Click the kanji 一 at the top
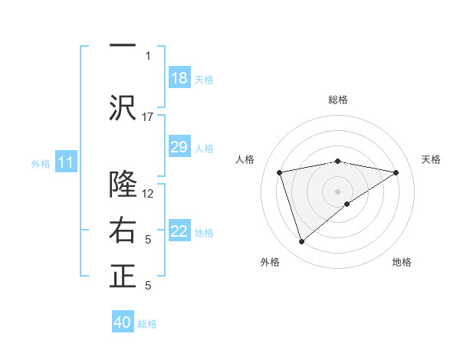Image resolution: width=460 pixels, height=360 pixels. click(x=123, y=44)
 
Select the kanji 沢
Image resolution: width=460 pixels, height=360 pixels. click(x=123, y=107)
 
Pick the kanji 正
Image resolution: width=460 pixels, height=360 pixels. click(x=123, y=277)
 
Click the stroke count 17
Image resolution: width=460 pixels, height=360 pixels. click(x=148, y=116)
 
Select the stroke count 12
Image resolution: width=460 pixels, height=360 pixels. click(x=148, y=193)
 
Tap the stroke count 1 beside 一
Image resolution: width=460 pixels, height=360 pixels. click(x=148, y=55)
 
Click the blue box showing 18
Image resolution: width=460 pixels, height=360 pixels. click(x=179, y=78)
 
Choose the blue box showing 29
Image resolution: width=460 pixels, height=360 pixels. click(x=179, y=147)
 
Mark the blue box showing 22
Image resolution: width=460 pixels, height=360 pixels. click(x=179, y=231)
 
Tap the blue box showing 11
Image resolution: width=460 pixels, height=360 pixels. click(x=66, y=162)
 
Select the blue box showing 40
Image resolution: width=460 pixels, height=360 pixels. click(x=123, y=322)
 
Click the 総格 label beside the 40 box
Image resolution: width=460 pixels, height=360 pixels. click(x=147, y=324)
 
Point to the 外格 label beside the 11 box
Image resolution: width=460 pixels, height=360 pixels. click(x=41, y=163)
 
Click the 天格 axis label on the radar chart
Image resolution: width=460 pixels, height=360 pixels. click(x=431, y=159)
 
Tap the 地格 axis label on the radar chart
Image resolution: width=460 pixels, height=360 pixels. click(x=402, y=262)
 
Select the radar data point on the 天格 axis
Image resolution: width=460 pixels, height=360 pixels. click(x=396, y=172)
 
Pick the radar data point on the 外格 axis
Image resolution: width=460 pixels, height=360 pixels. click(x=301, y=242)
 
